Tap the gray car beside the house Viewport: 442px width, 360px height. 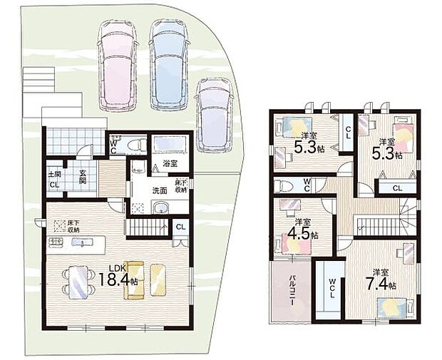[x=214, y=115]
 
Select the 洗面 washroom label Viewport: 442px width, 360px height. [x=159, y=190]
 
